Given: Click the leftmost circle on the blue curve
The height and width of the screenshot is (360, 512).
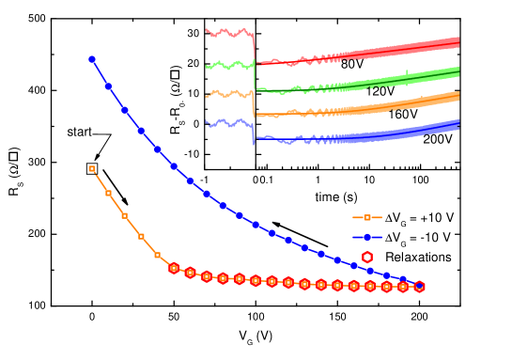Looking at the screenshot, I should tap(92, 59).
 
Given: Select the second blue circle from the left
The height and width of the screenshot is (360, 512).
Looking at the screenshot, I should tap(108, 86).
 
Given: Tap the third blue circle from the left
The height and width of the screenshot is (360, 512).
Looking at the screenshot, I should tap(125, 110).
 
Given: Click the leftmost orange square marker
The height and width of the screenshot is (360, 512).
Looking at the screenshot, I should tap(92, 168).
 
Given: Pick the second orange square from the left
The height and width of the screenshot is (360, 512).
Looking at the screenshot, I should tap(108, 193).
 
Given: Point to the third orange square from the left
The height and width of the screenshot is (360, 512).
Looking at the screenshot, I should tap(125, 215).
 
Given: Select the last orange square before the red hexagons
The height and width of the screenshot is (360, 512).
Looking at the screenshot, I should tap(157, 255).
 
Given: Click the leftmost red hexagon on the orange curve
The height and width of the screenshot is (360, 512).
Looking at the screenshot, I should tap(174, 268).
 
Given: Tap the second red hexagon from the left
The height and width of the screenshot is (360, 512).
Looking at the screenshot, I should tap(190, 273).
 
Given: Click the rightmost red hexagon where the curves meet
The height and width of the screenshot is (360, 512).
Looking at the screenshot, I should tap(419, 287).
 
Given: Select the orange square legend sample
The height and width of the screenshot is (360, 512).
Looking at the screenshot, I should tap(367, 217).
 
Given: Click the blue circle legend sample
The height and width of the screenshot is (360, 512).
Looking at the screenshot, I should tap(367, 237).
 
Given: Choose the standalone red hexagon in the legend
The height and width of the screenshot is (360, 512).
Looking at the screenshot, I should tap(367, 257).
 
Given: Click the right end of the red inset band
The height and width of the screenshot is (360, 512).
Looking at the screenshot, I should tap(457, 41).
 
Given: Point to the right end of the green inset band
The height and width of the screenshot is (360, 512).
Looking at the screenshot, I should tap(457, 70).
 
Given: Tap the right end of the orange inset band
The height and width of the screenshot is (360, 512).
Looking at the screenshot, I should tap(457, 96).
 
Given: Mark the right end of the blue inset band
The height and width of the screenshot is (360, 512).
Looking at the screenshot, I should tap(457, 124).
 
